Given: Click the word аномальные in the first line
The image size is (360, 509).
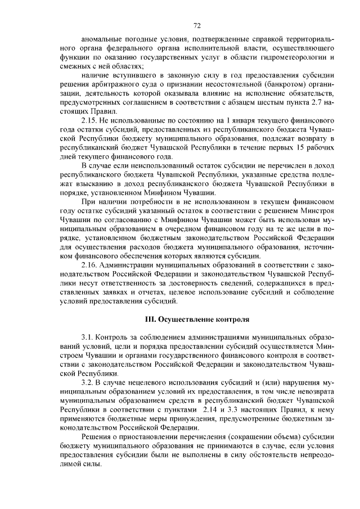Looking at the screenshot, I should pos(104,40).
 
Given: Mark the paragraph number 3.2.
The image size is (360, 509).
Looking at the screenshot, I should pos(88,382).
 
